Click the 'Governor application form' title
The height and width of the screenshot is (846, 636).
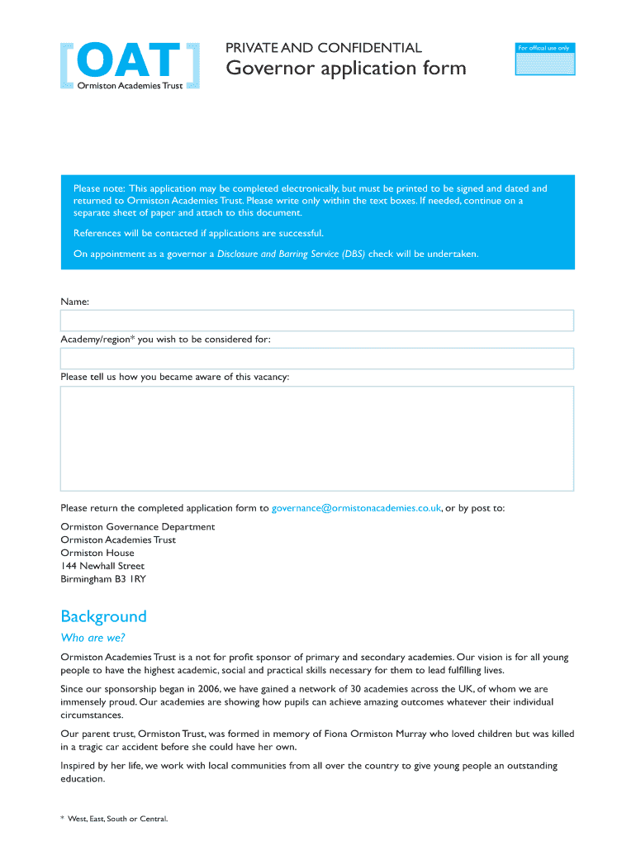coord(346,69)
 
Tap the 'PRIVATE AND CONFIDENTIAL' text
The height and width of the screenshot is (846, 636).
coord(324,48)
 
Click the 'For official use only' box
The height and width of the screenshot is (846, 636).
coord(544,60)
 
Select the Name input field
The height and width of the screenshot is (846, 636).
coord(316,321)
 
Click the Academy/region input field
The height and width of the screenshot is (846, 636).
coord(316,359)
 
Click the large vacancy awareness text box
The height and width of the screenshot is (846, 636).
coord(316,439)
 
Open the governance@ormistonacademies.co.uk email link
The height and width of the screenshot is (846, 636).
coord(356,508)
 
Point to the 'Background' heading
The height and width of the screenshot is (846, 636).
coord(103,616)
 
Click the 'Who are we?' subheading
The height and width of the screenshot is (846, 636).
coord(93,638)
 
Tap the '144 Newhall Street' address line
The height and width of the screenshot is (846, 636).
coord(102,566)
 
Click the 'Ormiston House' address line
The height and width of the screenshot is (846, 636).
coord(97,553)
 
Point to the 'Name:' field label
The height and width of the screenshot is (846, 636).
coord(74,302)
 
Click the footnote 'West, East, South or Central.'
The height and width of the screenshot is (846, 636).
coord(117,819)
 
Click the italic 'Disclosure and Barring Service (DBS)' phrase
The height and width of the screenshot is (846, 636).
coord(291,254)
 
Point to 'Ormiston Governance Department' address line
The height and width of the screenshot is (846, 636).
coord(138,526)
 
